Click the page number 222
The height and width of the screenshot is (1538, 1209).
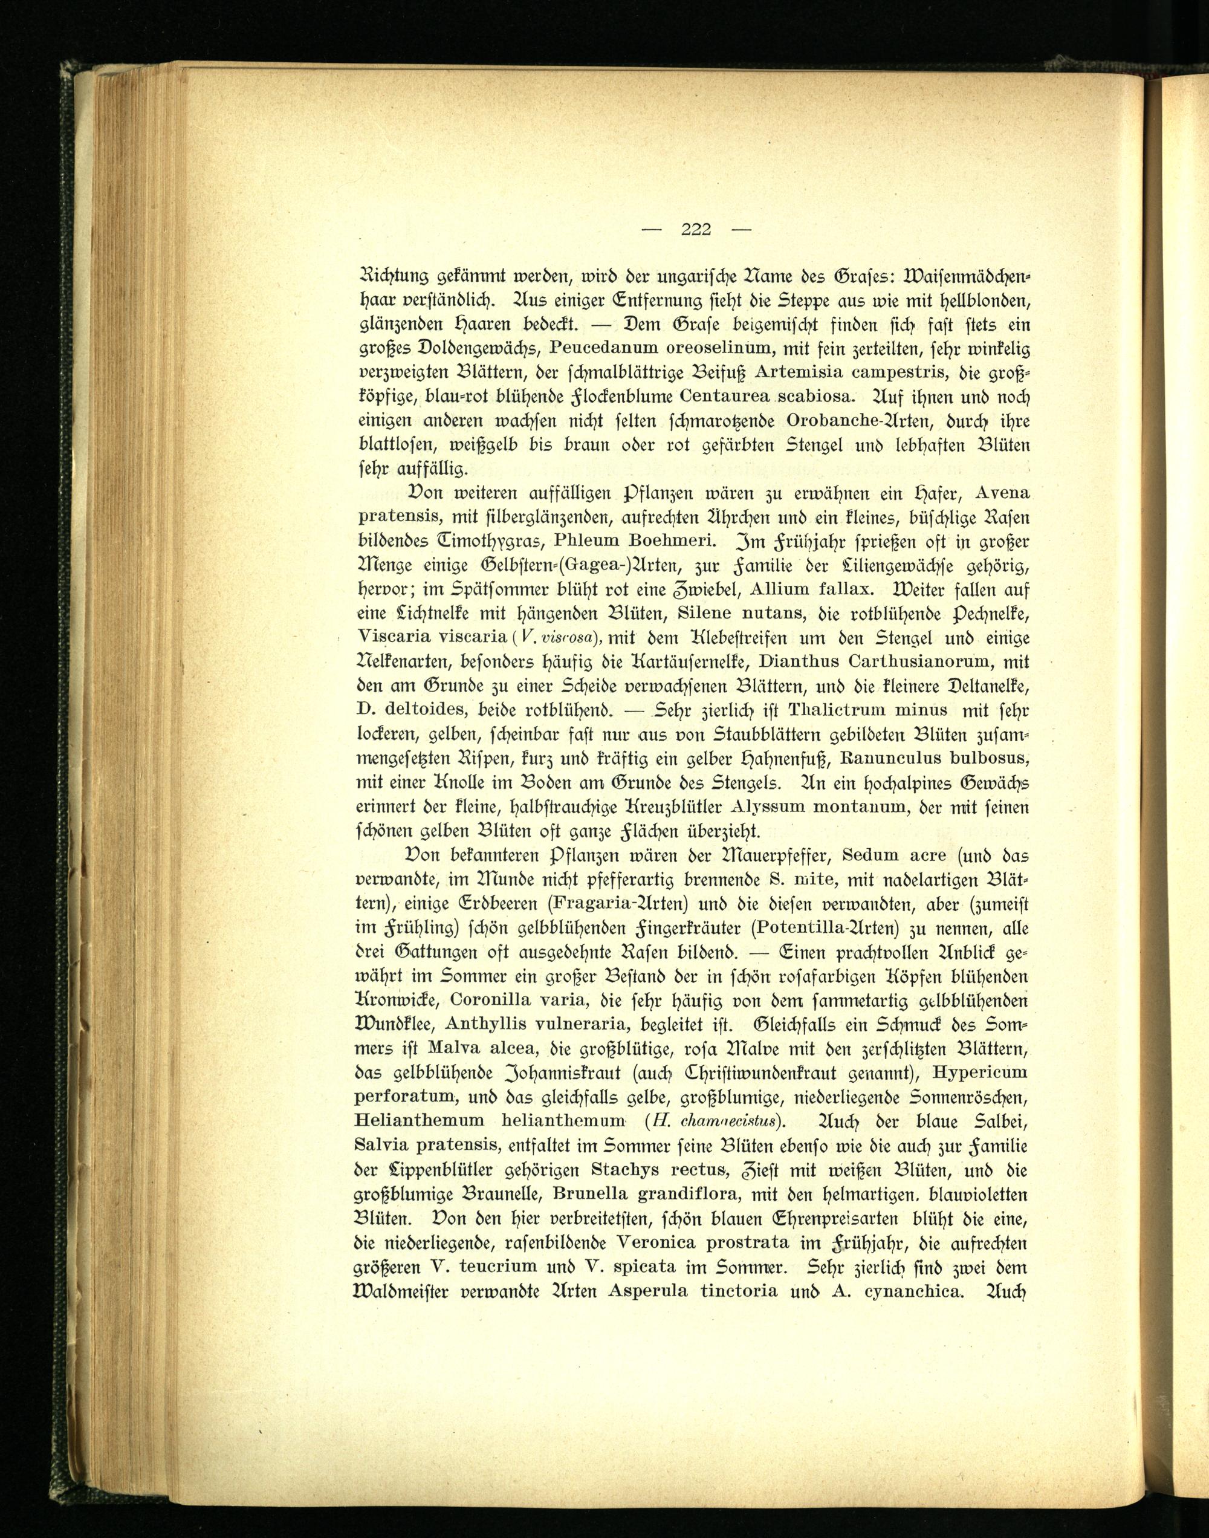coord(696,229)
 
